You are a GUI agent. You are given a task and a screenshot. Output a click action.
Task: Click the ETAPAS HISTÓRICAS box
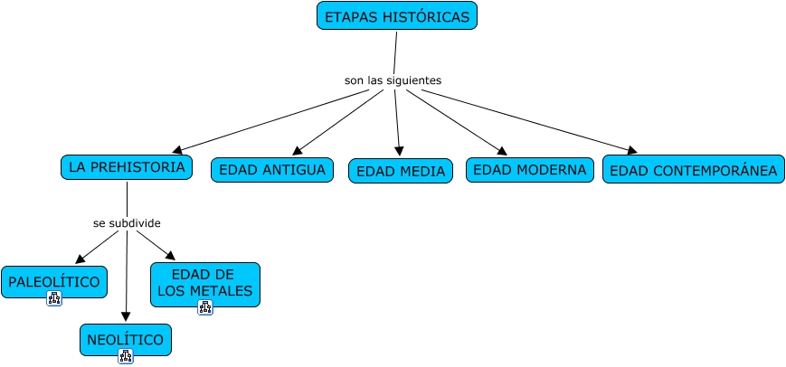click(396, 16)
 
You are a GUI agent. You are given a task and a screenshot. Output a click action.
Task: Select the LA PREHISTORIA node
click(127, 167)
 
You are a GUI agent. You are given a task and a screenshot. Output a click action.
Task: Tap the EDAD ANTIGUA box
click(272, 170)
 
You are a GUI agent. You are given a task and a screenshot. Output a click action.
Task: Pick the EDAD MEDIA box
click(400, 171)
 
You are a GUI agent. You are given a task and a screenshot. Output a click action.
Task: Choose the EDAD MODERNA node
click(529, 170)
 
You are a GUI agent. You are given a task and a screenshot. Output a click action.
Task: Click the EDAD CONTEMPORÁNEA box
click(693, 170)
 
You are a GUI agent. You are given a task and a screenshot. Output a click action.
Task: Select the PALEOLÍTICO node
click(53, 281)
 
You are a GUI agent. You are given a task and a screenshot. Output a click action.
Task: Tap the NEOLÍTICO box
click(125, 340)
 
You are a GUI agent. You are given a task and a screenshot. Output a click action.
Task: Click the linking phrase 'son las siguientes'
click(393, 80)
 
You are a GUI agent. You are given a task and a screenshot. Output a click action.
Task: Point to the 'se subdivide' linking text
click(127, 222)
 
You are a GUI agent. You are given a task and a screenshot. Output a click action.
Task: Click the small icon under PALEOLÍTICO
click(53, 299)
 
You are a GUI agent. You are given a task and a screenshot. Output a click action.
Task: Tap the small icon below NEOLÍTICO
click(126, 356)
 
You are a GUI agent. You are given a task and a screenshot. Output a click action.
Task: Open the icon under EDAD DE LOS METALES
click(204, 307)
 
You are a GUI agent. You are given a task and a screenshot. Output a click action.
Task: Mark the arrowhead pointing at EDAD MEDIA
click(399, 152)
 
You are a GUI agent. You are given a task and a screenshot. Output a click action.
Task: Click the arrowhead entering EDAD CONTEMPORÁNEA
click(631, 150)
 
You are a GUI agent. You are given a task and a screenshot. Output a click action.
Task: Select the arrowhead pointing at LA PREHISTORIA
click(177, 150)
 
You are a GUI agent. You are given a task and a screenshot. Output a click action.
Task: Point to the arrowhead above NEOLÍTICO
click(126, 316)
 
